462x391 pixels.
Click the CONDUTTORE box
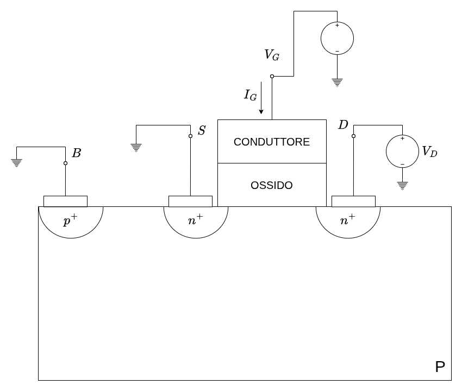(x=272, y=142)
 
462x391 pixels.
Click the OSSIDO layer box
(x=272, y=185)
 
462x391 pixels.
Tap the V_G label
(x=272, y=55)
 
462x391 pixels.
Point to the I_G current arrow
(x=261, y=98)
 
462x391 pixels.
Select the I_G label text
(x=250, y=96)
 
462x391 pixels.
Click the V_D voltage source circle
(x=402, y=151)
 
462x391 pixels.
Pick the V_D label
(x=429, y=152)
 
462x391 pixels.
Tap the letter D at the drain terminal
(x=343, y=125)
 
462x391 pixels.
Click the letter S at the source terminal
(x=202, y=131)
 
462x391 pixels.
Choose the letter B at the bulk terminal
(x=77, y=153)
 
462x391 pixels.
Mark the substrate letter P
(x=440, y=368)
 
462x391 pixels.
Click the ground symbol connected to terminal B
(x=17, y=162)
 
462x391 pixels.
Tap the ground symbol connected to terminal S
(x=136, y=147)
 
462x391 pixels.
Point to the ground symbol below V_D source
(x=402, y=185)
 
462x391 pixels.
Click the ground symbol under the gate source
(x=337, y=82)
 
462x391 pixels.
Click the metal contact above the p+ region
(x=65, y=201)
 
